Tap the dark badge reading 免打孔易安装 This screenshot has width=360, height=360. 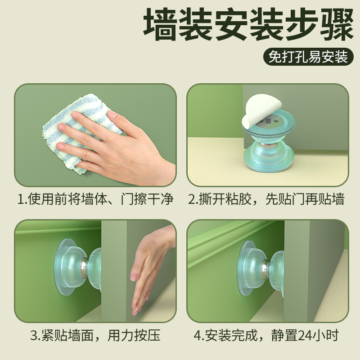point(308,58)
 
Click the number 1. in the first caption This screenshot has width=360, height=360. point(22,199)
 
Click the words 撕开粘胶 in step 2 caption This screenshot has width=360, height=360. point(225,199)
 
